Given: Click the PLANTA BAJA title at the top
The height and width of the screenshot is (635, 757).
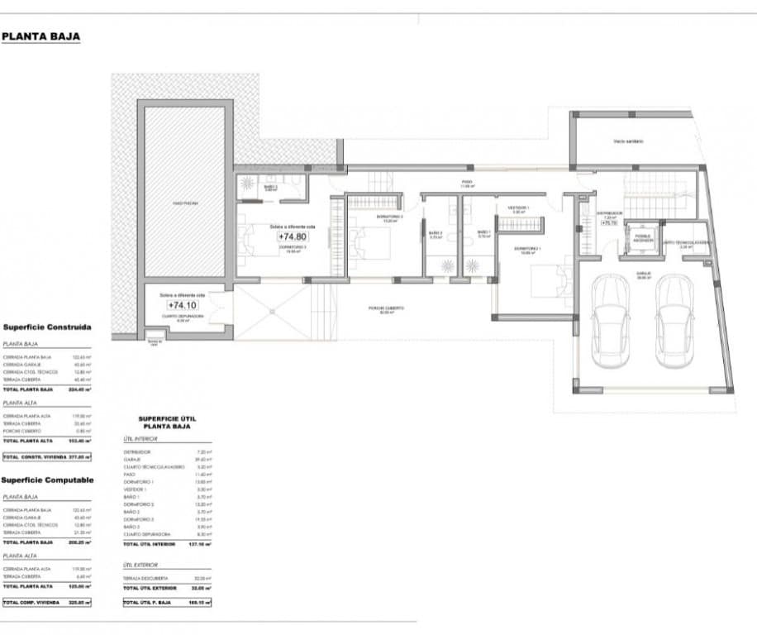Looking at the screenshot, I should click(40, 36).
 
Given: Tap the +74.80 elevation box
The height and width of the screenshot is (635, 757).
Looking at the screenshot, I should click(292, 236).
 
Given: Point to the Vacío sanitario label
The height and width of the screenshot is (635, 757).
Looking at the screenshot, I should click(628, 141).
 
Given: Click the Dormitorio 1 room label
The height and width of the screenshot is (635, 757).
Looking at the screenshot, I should click(528, 249).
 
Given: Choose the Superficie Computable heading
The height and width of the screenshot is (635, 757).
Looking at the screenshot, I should click(47, 480).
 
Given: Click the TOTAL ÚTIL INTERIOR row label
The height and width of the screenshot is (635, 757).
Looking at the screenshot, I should click(150, 544).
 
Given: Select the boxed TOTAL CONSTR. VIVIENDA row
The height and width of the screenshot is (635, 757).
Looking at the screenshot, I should click(46, 456).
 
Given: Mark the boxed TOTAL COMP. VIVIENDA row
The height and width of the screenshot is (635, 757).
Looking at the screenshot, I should click(46, 603).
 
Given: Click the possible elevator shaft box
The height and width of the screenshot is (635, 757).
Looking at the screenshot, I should click(642, 236).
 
